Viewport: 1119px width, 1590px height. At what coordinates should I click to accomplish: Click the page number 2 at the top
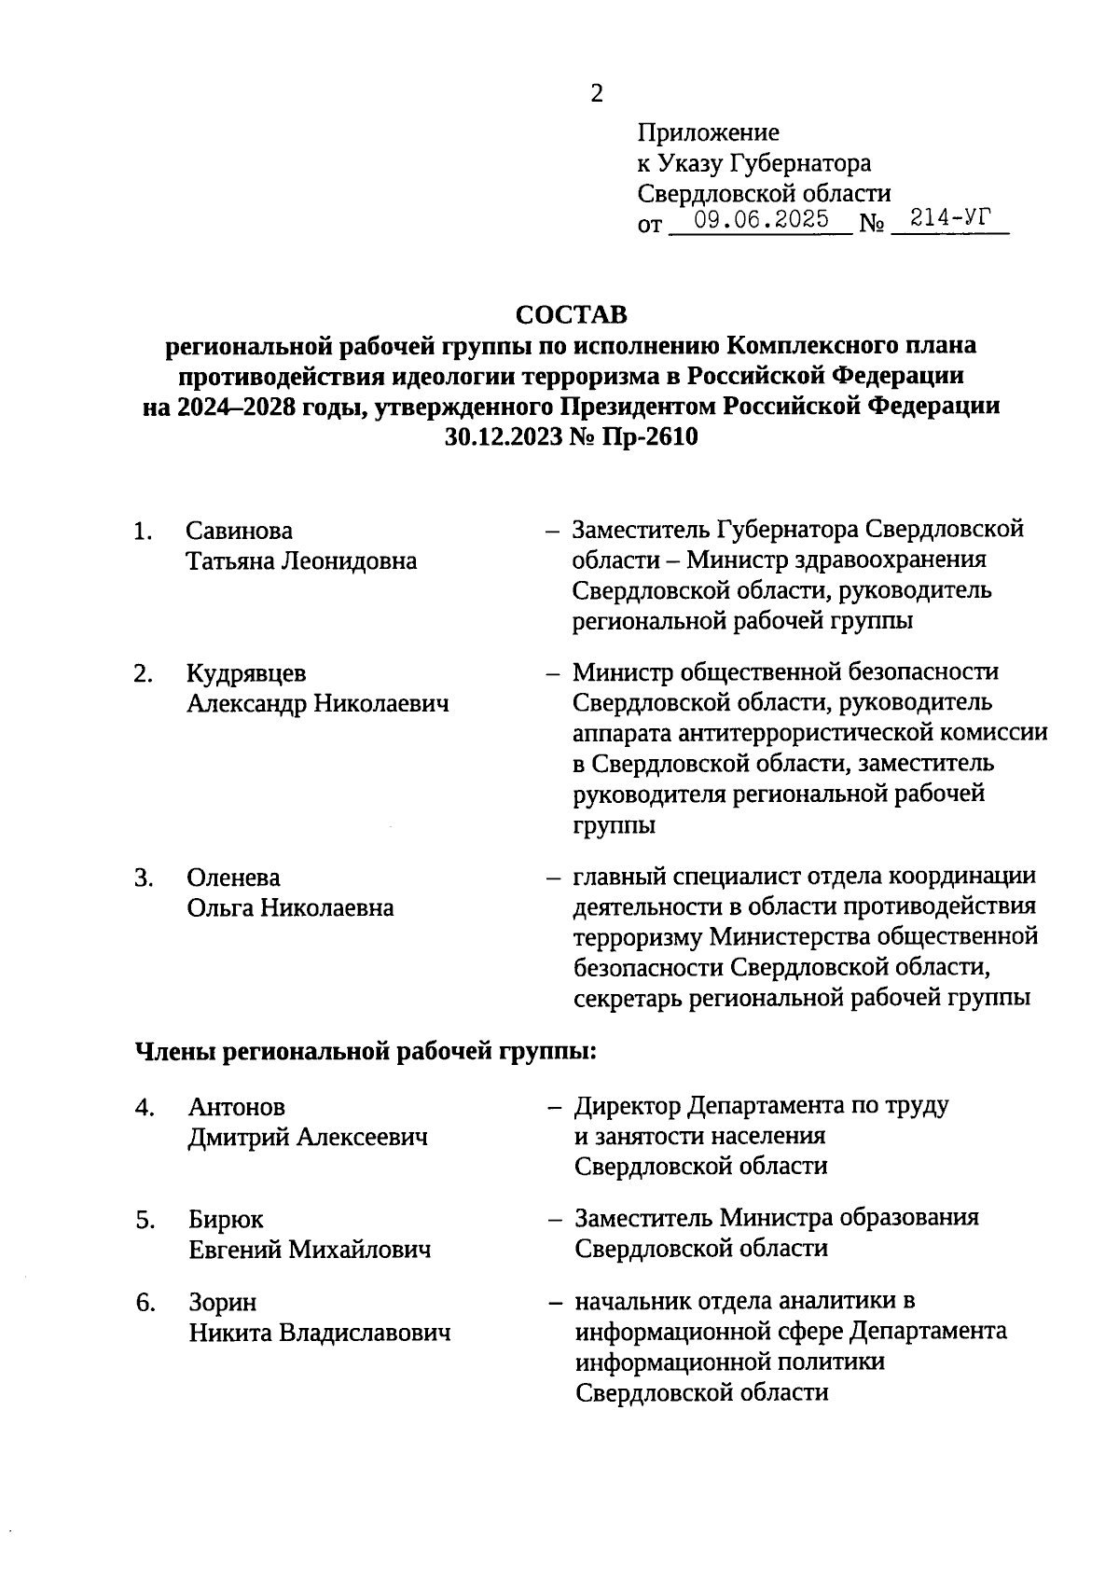point(597,93)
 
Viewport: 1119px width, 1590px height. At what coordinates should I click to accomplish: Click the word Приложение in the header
point(709,133)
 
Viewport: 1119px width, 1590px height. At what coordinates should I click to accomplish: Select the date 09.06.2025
point(762,220)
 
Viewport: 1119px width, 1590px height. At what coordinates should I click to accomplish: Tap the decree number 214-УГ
point(948,219)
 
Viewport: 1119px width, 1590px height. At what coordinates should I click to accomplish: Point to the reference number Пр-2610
point(654,436)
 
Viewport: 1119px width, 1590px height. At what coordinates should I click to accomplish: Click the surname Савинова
point(240,531)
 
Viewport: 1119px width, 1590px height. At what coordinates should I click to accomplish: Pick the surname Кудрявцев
point(246,673)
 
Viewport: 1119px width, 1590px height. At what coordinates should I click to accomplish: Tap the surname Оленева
point(233,878)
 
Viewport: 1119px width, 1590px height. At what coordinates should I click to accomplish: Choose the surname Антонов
point(237,1107)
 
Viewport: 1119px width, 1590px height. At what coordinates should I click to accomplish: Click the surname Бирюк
point(227,1220)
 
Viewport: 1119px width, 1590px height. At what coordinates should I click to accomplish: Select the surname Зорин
point(223,1302)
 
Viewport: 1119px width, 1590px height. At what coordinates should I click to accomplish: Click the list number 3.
point(143,878)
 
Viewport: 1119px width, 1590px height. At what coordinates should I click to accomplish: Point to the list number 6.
point(145,1302)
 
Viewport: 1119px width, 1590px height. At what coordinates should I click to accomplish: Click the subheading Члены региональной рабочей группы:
point(366,1052)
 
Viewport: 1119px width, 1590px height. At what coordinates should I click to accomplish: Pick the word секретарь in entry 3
point(629,998)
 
